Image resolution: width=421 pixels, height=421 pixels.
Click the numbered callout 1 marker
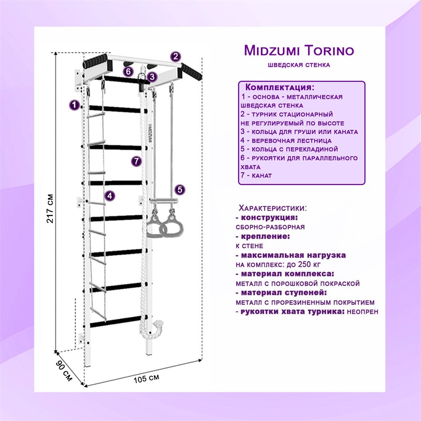tap(75, 105)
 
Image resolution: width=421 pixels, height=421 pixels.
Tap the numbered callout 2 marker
tap(176, 57)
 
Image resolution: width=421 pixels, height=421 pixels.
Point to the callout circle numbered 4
tap(109, 195)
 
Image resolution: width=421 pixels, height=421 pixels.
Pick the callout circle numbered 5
tap(180, 190)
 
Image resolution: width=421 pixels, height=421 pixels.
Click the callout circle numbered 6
tap(128, 71)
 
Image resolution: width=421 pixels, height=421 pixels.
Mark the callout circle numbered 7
tap(135, 161)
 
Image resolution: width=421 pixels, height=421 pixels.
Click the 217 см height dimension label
tap(50, 208)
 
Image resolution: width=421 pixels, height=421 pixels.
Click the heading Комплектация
tap(280, 88)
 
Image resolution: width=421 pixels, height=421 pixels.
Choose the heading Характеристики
tap(272, 208)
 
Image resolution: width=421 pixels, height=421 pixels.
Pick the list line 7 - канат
tap(256, 176)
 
